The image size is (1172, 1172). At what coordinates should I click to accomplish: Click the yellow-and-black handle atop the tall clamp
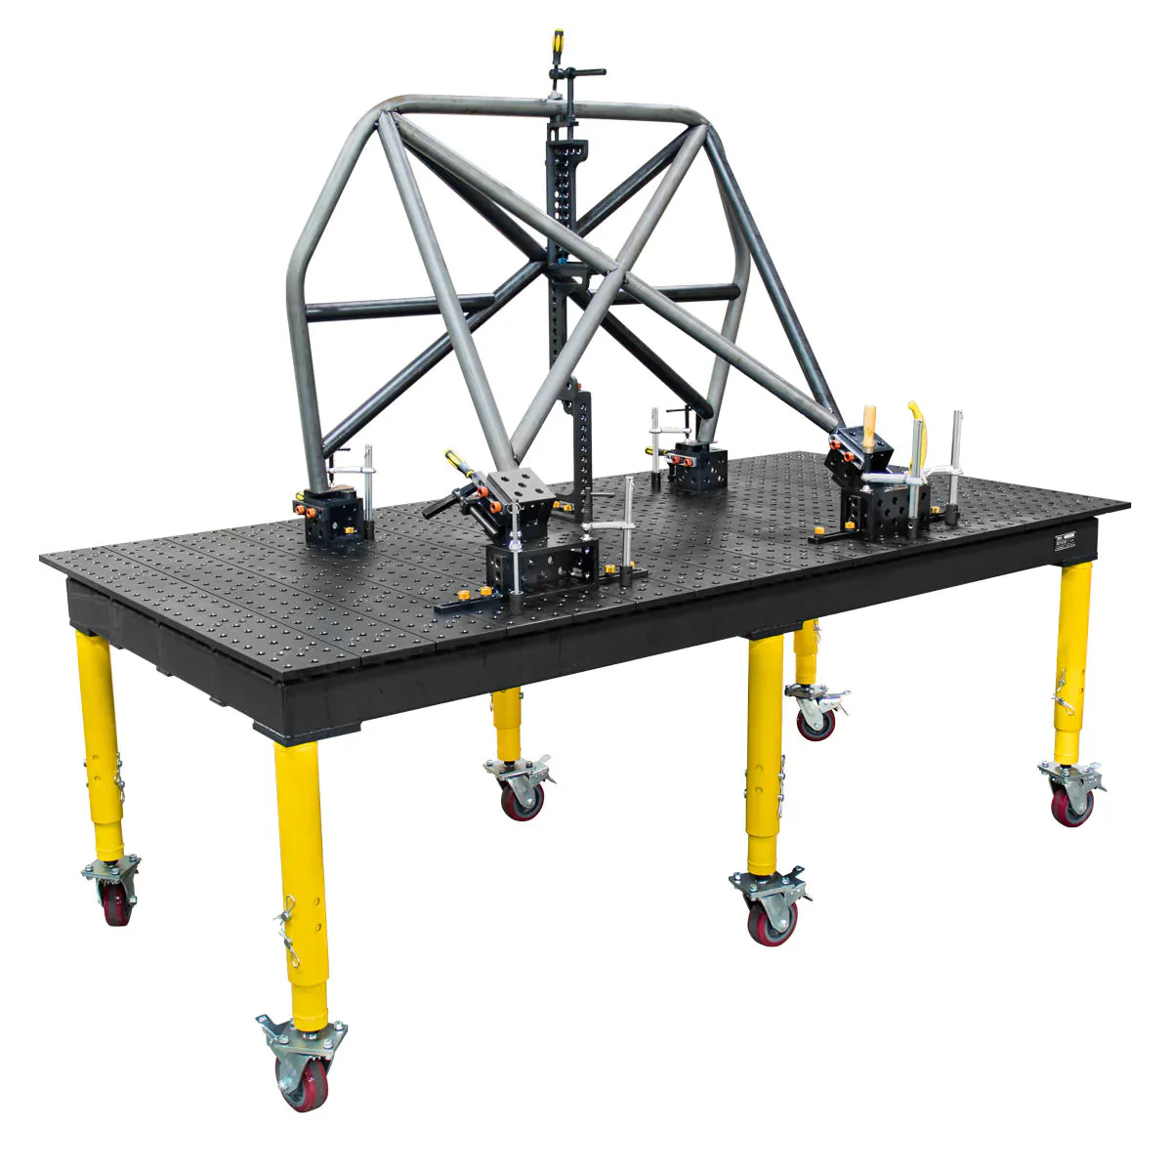pos(559,43)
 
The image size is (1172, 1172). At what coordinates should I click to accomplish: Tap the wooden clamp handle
pos(868,427)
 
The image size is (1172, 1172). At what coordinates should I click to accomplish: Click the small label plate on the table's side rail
pos(1064,544)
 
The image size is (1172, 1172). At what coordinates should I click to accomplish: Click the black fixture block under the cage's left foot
pos(331,518)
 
